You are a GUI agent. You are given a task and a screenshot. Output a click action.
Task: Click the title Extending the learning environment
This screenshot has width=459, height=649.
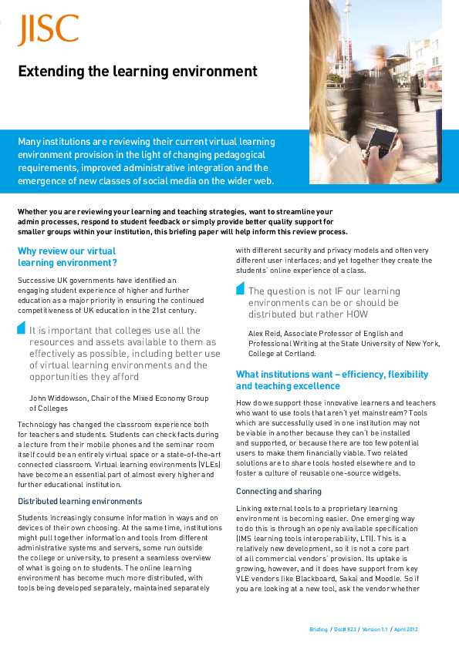click(137, 72)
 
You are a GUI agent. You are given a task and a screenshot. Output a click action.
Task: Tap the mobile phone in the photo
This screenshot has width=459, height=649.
click(380, 141)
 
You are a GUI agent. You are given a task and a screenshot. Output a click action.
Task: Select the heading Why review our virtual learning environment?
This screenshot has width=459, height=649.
click(67, 257)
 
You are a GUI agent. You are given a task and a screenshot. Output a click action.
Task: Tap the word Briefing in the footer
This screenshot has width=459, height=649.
click(319, 630)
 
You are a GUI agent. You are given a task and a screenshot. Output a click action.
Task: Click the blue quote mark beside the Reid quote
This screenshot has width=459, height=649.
click(240, 289)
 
